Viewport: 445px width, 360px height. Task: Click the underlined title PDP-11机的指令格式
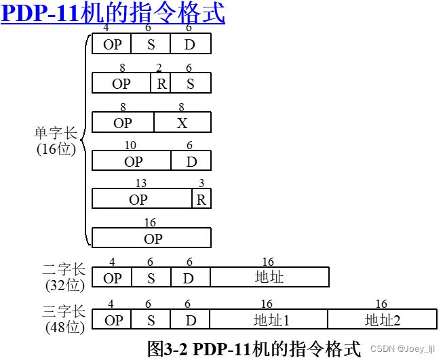(x=113, y=14)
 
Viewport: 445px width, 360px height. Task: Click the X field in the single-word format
(x=182, y=123)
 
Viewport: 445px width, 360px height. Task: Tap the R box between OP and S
(x=161, y=83)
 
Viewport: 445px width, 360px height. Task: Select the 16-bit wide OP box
(x=151, y=238)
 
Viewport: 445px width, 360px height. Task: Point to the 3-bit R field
(x=201, y=199)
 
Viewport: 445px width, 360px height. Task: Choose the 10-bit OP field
(x=132, y=161)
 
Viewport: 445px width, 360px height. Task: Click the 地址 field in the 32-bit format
(x=269, y=277)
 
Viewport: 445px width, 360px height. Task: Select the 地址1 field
(x=269, y=319)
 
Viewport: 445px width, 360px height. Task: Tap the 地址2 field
(x=382, y=319)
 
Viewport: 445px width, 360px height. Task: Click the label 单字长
(x=57, y=133)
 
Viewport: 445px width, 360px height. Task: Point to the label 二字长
(x=64, y=270)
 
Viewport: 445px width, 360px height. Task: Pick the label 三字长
(x=64, y=312)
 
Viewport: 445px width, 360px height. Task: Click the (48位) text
(x=65, y=327)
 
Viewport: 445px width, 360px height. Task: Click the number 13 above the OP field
(x=141, y=184)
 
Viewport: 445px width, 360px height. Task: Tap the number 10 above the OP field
(x=131, y=145)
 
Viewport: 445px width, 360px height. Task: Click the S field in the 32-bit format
(x=151, y=277)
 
